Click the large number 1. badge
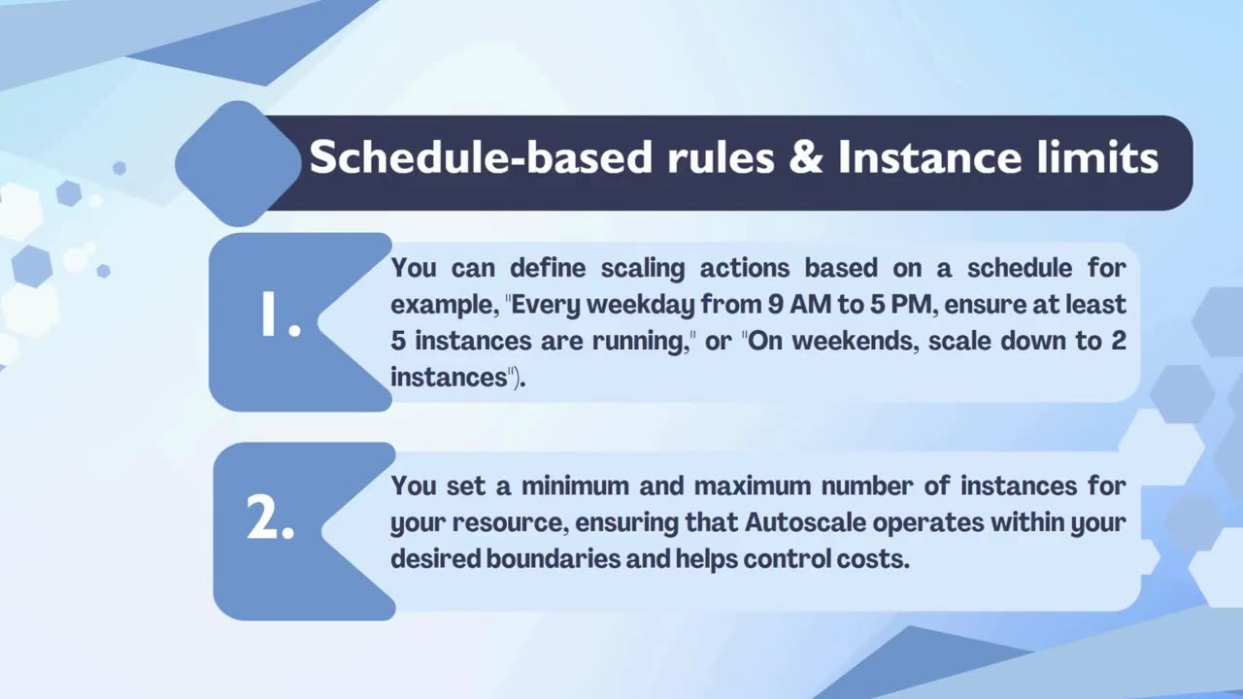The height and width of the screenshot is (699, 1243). (280, 318)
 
